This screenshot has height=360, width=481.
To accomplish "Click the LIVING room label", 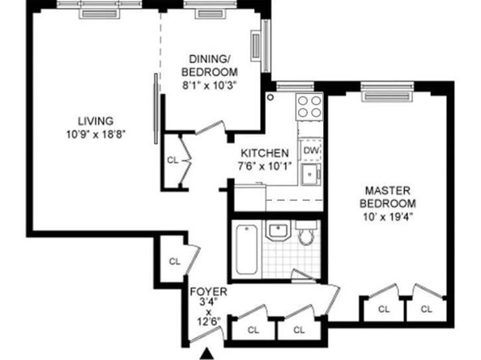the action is [96, 121].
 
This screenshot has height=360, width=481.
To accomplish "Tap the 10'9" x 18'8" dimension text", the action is [96, 134].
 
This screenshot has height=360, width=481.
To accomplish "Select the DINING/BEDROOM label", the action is [210, 66].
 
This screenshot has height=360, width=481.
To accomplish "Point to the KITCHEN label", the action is [265, 153].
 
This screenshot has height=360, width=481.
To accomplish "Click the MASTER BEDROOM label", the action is [388, 197].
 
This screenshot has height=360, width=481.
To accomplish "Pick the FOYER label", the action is [208, 291].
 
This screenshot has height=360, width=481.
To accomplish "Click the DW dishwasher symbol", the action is [311, 150].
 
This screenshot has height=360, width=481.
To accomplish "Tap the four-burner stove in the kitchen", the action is [309, 107].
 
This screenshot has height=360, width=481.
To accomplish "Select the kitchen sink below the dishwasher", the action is [310, 174].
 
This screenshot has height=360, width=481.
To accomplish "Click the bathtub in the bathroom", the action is [247, 249].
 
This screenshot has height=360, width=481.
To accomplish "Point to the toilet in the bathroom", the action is [306, 234].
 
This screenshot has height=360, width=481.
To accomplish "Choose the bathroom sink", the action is [278, 231].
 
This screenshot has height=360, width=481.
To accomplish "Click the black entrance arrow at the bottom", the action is [207, 354].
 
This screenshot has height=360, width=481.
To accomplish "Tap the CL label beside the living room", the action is [172, 160].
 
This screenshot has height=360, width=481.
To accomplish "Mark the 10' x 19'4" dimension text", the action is [388, 217].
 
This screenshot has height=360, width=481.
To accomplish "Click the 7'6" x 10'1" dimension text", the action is [265, 166].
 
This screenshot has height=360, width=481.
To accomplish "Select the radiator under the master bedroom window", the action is [387, 96].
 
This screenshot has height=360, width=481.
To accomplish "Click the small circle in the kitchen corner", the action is [270, 97].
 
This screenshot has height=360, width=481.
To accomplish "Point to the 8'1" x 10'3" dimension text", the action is [210, 86].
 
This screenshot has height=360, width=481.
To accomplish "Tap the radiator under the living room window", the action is [100, 14].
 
